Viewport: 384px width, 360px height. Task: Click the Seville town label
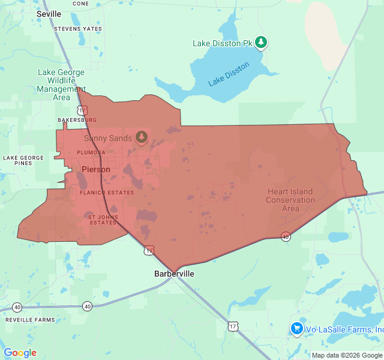[49, 14]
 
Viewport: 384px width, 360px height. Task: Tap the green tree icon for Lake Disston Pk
[260, 42]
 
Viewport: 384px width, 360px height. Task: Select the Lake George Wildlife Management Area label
[61, 85]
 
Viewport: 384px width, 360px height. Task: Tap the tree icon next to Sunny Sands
[142, 137]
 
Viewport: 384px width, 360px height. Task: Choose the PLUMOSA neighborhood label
[91, 152]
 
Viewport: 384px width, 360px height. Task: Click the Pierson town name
[96, 169]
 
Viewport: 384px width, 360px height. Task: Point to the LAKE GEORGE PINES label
[23, 160]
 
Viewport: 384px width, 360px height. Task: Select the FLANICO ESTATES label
[107, 193]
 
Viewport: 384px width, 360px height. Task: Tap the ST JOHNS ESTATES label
[103, 220]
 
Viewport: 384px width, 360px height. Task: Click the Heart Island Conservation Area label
[290, 200]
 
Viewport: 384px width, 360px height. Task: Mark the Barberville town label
[174, 274]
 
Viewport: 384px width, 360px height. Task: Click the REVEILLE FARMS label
[30, 320]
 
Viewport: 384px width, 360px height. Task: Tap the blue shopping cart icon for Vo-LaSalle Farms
[296, 329]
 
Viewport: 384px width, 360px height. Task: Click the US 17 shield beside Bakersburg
[82, 110]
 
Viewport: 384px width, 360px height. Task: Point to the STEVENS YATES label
[77, 29]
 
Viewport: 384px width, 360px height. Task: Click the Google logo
[20, 353]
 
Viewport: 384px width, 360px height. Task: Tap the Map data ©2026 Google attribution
[347, 355]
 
